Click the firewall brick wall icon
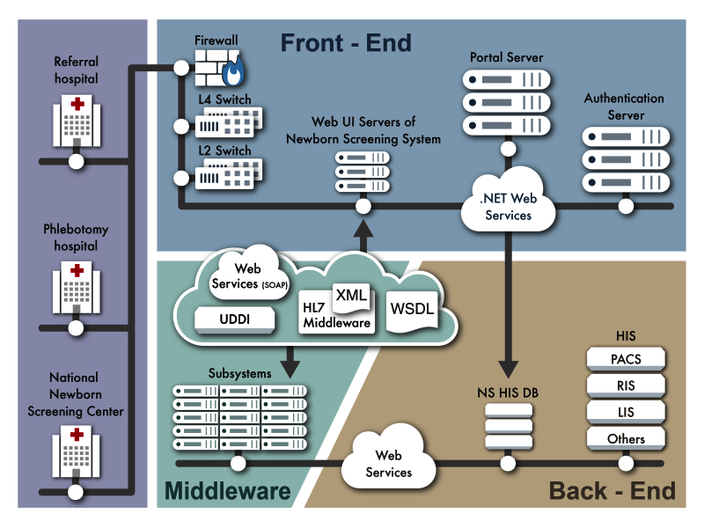[x=219, y=68]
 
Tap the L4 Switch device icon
[x=229, y=122]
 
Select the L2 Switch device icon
[x=229, y=173]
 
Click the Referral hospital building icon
[x=77, y=121]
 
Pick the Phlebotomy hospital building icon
[x=77, y=288]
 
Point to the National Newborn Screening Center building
[x=77, y=451]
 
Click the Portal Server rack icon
[x=507, y=102]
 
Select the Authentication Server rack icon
[x=626, y=159]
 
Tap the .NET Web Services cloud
[x=509, y=201]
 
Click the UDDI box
[x=235, y=319]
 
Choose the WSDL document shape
[x=412, y=311]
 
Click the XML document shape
[x=351, y=297]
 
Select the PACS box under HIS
[x=626, y=359]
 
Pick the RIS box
[x=626, y=385]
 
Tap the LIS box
[x=626, y=412]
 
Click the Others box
[x=626, y=438]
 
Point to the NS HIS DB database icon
[x=509, y=426]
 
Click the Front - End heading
[x=346, y=43]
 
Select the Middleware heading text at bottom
[x=228, y=491]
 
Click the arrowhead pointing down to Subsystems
[x=290, y=370]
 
